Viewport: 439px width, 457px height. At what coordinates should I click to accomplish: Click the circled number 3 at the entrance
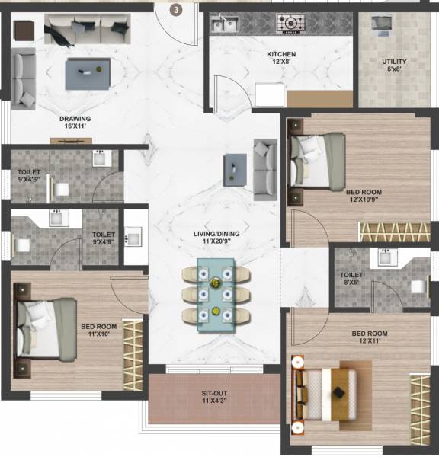(176, 10)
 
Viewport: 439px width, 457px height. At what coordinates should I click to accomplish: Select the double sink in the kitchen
(224, 25)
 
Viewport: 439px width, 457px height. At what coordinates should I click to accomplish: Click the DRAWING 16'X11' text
(75, 123)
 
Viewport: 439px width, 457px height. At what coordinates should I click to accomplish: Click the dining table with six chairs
(216, 294)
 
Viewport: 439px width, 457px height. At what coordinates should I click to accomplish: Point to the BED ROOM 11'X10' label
(98, 332)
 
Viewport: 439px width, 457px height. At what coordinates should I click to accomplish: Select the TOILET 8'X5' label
(351, 279)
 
